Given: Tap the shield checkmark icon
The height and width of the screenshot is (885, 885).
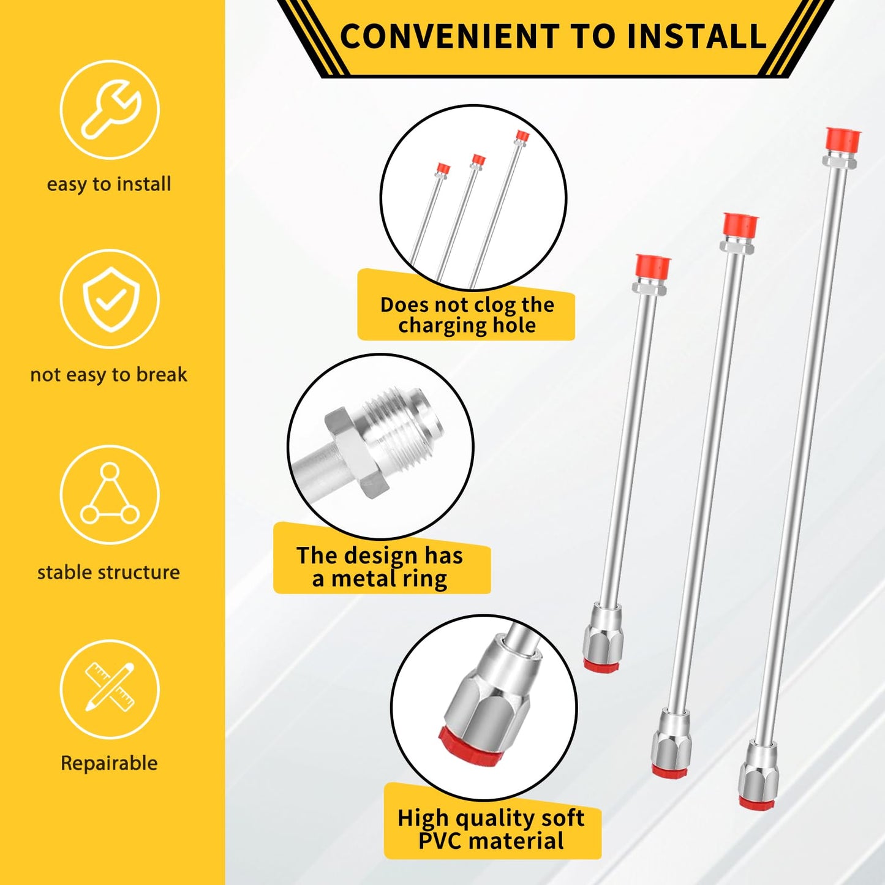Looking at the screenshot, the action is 111,299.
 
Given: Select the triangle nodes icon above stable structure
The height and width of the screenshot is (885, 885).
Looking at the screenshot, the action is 110,494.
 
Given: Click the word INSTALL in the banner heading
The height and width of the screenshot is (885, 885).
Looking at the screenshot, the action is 696,37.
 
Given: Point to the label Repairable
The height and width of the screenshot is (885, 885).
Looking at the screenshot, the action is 109,763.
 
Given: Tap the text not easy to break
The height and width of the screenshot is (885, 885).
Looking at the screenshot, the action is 109,375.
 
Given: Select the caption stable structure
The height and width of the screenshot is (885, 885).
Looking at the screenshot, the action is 109,572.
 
